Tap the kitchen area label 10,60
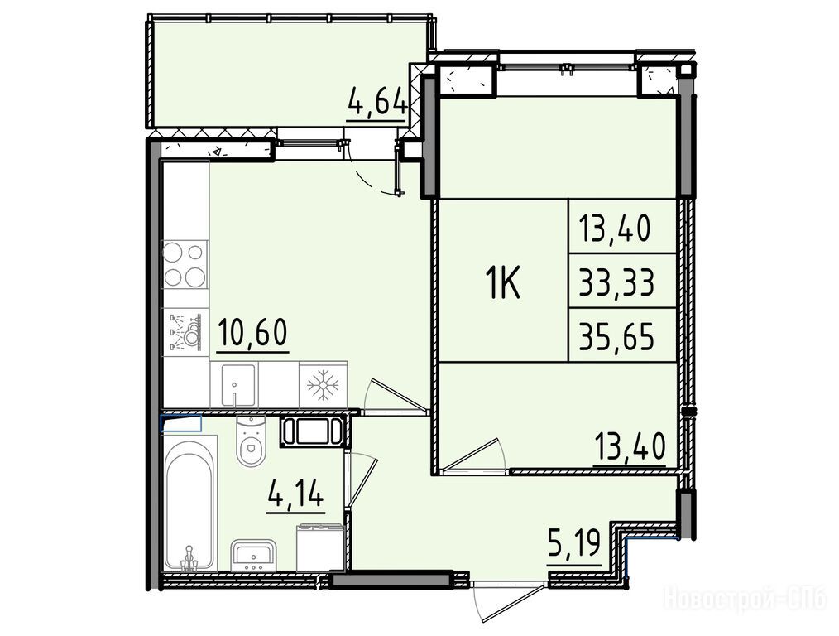[x=252, y=332]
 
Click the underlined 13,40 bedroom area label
[x=630, y=448]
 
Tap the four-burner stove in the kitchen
[x=185, y=264]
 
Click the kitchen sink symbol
[x=234, y=384]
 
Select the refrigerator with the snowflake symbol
[x=324, y=384]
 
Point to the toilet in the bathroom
[x=251, y=440]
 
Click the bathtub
[x=189, y=503]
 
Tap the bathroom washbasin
[x=254, y=555]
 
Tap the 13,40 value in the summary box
[x=614, y=229]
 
